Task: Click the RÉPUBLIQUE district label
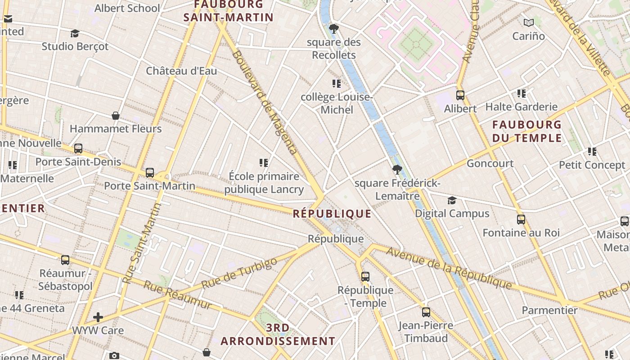click(332, 214)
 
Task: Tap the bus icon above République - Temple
click(365, 276)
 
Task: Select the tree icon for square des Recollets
click(333, 29)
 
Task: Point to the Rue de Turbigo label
click(239, 274)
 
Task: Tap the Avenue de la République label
click(449, 268)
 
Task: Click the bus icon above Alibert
click(460, 95)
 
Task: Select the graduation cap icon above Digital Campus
click(452, 200)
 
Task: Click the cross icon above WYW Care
click(98, 317)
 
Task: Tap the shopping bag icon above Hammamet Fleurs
click(116, 116)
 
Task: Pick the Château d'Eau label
click(181, 71)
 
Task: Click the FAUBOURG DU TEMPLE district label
click(527, 131)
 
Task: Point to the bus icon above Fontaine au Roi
click(521, 220)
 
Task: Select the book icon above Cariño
click(529, 22)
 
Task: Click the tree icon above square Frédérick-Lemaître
click(397, 170)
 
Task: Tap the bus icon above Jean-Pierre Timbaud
click(426, 312)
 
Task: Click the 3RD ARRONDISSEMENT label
click(278, 334)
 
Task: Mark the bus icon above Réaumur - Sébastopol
click(65, 260)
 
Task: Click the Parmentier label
click(549, 310)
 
